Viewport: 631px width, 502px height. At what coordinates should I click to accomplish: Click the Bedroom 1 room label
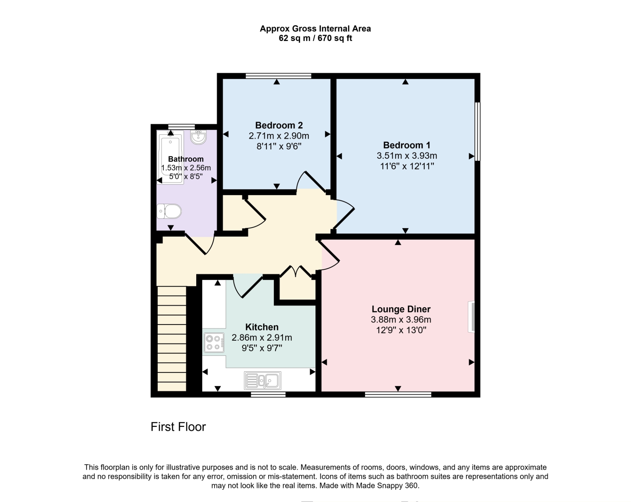(407, 145)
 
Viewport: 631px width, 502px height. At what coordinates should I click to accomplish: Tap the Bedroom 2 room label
(279, 125)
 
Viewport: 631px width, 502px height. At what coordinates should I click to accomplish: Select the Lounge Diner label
(401, 309)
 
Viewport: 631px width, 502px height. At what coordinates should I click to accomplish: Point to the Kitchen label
(262, 327)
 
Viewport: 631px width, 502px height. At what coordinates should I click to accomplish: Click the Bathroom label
(186, 159)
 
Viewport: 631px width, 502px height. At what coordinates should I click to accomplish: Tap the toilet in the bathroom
(170, 211)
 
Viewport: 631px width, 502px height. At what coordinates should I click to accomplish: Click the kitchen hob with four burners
(214, 342)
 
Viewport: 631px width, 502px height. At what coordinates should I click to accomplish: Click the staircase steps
(172, 338)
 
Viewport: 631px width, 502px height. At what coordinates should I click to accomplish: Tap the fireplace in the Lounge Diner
(472, 317)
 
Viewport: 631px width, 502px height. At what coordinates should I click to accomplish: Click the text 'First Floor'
(178, 427)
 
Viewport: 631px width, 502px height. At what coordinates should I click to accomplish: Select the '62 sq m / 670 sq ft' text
(315, 38)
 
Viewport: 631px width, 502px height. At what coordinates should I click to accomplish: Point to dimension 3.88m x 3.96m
(401, 319)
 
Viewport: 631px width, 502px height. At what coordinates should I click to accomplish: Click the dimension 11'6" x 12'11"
(407, 166)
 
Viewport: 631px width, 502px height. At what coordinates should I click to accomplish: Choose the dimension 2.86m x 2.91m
(262, 338)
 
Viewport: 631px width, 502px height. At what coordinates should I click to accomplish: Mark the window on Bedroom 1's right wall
(478, 131)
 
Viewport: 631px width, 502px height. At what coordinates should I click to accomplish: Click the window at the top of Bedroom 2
(278, 76)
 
